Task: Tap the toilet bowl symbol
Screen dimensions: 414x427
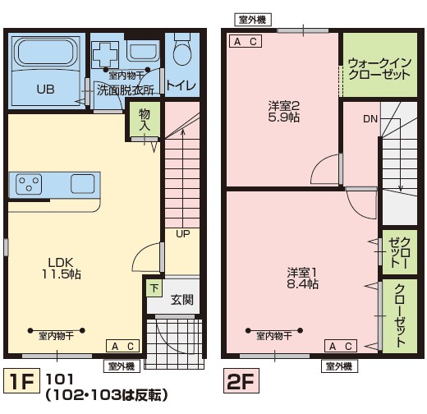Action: coord(181,54)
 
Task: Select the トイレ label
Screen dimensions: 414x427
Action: coord(181,85)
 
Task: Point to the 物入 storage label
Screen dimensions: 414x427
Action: coord(145,120)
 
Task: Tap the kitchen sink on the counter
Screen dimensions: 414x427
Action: coord(83,183)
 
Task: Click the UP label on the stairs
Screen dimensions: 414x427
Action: coord(181,233)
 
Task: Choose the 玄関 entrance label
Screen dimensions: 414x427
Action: coord(181,300)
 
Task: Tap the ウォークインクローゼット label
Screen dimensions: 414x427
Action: coord(378,68)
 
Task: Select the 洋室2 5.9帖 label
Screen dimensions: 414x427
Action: coord(283,111)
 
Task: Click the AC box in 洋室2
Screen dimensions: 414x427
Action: coord(246,41)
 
